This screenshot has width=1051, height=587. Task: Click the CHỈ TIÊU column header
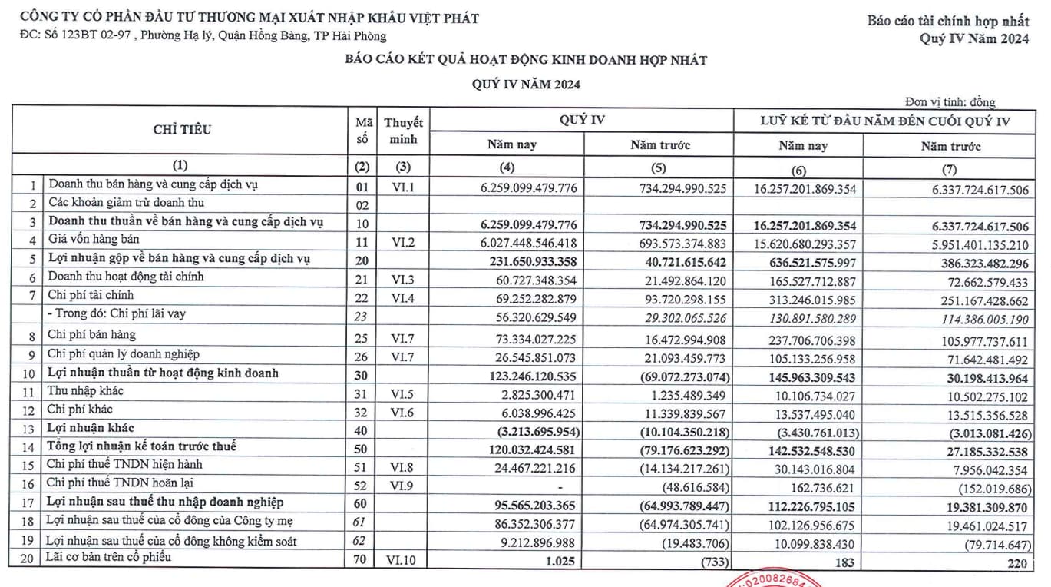[x=181, y=130]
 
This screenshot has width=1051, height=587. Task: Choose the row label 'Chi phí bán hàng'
[x=91, y=334]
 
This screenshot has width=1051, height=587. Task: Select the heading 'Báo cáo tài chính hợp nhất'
[x=948, y=22]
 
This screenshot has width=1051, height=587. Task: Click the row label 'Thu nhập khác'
[x=85, y=391]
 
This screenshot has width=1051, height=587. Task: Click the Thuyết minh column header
[x=403, y=131]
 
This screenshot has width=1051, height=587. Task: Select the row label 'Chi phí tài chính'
[x=91, y=295]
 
